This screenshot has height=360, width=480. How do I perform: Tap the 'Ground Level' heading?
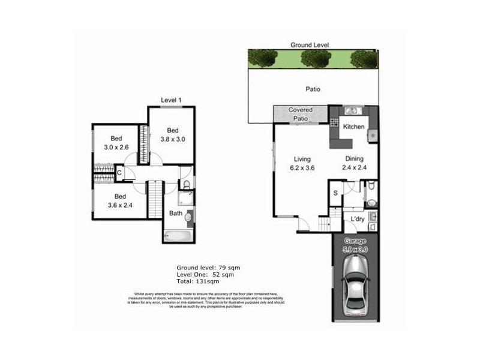[310, 45]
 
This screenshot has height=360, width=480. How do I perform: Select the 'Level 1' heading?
[172, 100]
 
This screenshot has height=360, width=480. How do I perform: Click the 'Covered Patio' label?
[300, 114]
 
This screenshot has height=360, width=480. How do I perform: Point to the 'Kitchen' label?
[354, 127]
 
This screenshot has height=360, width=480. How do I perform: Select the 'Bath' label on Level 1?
[175, 213]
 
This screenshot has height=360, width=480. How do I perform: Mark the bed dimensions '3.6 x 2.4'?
[119, 205]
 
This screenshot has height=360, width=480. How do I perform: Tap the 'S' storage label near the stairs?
[335, 193]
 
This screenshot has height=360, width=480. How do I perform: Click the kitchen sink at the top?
[352, 110]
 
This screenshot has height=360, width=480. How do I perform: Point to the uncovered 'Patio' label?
[312, 89]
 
